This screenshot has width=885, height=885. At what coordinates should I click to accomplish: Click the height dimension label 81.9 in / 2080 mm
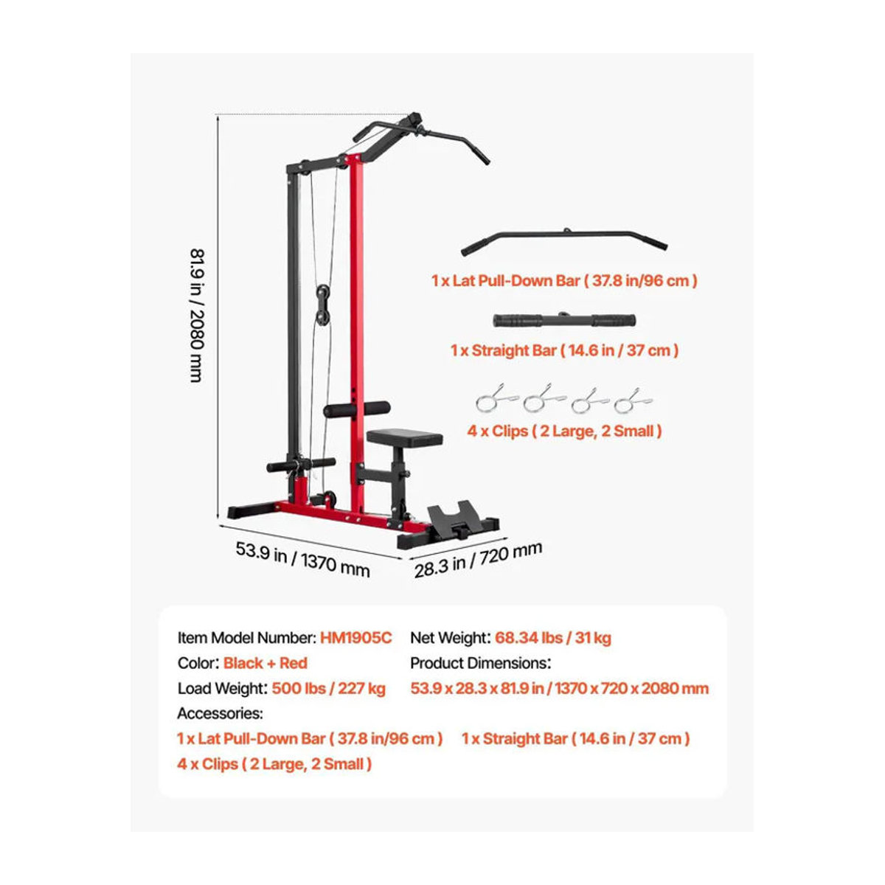click(x=196, y=315)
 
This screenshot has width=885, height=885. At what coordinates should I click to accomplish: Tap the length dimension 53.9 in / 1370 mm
click(x=302, y=559)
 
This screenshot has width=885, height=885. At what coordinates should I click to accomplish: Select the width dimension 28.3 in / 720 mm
click(x=478, y=559)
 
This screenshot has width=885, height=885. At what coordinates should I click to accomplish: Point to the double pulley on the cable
click(x=322, y=305)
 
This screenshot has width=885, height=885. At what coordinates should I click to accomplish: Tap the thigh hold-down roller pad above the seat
click(x=357, y=409)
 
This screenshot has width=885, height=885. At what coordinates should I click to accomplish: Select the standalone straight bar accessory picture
click(x=564, y=319)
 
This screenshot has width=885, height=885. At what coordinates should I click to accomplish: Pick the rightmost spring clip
click(x=633, y=401)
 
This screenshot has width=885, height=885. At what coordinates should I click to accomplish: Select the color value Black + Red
click(x=265, y=663)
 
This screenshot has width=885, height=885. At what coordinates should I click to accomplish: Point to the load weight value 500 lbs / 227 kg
click(x=328, y=688)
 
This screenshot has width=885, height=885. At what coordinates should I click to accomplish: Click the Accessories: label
click(x=220, y=713)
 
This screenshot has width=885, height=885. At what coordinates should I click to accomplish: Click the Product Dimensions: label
click(x=480, y=663)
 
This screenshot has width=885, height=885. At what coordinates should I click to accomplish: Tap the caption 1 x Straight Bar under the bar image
click(x=564, y=350)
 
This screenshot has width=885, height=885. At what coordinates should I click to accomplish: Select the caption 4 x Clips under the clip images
click(x=564, y=431)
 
